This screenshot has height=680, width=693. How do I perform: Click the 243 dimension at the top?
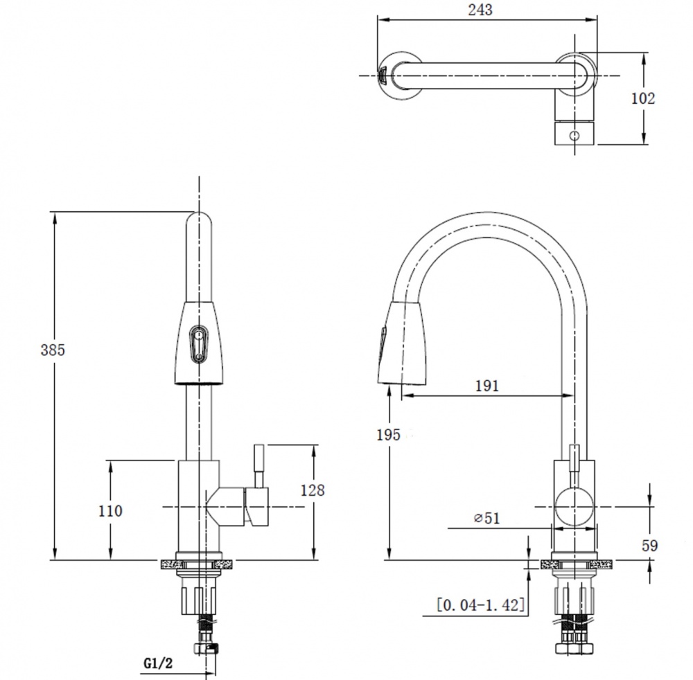[480, 10]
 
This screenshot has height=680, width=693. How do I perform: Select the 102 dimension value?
[642, 98]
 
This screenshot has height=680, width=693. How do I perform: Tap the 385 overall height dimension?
[53, 350]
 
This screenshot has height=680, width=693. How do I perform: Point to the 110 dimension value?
[109, 510]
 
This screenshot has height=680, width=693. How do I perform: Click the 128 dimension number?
[312, 490]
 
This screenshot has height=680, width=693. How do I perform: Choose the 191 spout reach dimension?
[486, 386]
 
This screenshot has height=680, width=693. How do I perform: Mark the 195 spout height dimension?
[388, 434]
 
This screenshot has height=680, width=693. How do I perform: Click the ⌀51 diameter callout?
[486, 517]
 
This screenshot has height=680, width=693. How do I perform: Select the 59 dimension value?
[650, 546]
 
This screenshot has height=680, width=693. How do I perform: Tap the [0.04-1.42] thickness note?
[480, 605]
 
